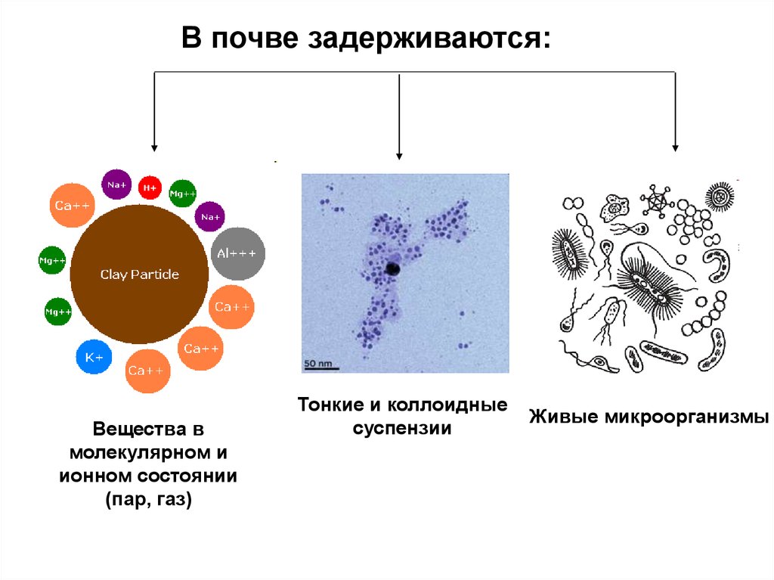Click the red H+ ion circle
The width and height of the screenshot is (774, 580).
click(150, 187)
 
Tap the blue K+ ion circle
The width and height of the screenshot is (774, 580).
click(94, 357)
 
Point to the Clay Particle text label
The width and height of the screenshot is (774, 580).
click(140, 274)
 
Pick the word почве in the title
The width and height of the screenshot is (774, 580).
click(253, 39)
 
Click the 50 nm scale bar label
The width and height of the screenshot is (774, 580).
click(317, 364)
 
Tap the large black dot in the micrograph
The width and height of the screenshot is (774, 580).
click(393, 268)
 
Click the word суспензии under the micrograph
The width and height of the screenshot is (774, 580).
click(403, 429)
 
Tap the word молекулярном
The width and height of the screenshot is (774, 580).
click(138, 453)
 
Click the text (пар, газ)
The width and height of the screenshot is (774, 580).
click(149, 500)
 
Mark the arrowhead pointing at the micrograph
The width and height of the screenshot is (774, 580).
click(399, 154)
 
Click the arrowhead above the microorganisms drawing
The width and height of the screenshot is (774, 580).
click(675, 146)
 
